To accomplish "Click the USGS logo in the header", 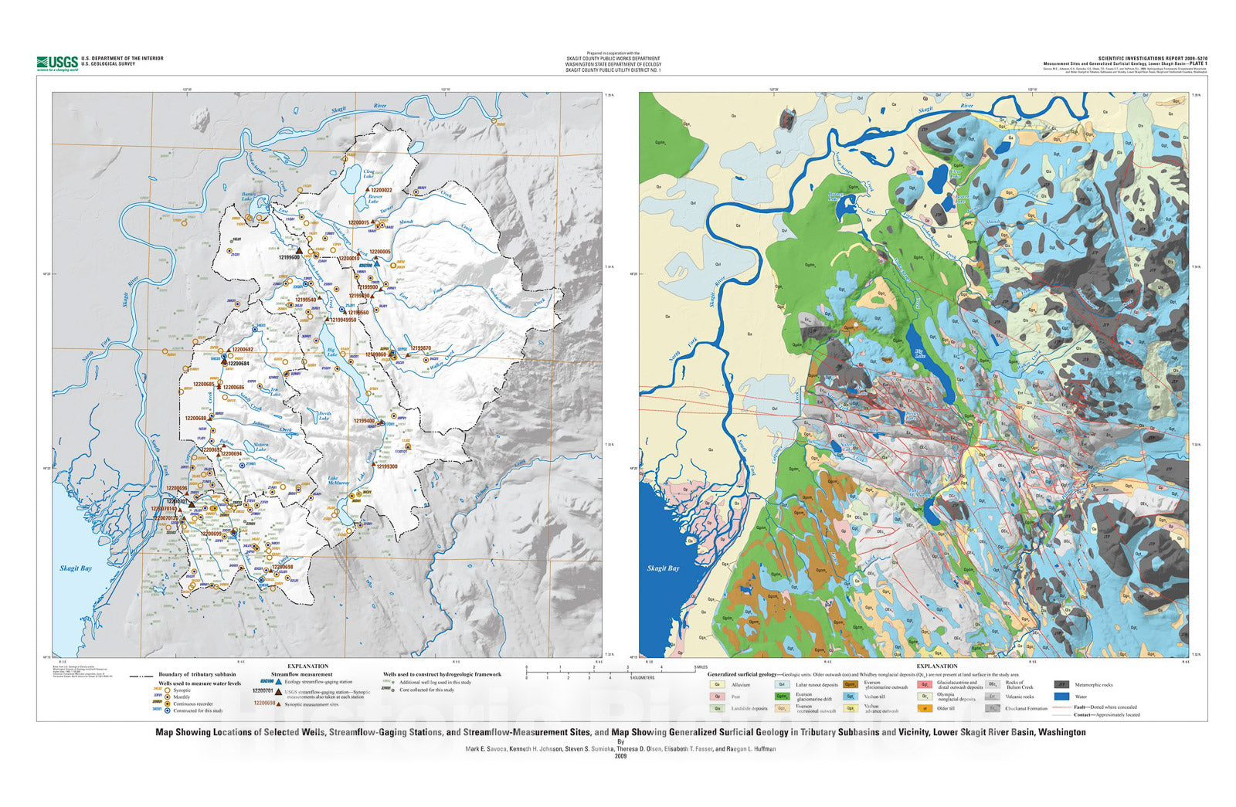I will coord(57,63).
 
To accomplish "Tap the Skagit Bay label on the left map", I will coord(76,568).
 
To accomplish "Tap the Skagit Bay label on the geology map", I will coord(663,568).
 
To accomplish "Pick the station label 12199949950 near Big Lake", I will coord(342,320).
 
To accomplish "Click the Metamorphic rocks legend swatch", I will coord(1061,684).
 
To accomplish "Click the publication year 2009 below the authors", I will coord(620,757).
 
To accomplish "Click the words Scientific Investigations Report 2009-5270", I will coord(1153,58).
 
